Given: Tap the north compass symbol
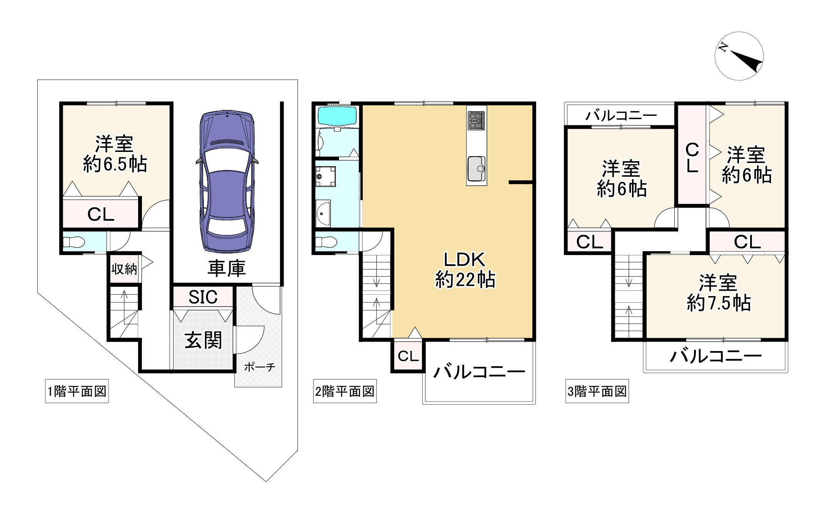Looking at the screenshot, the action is [739, 56].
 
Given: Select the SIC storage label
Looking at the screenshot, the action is [203, 297].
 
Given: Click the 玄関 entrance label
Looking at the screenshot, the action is [203, 340].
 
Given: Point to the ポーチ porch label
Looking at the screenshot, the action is [260, 367].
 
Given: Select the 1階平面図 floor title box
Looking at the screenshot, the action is [77, 392].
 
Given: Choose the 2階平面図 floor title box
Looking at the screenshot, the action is [345, 392].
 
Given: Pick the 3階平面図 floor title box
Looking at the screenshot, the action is [597, 392].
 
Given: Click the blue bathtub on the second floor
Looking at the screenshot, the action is [337, 116].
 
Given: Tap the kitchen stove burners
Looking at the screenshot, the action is [476, 121].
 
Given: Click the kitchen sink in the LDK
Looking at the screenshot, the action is [476, 169].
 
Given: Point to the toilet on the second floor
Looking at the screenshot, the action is [326, 242].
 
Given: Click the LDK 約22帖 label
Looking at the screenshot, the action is [465, 270].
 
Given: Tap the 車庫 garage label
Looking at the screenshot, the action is [227, 268].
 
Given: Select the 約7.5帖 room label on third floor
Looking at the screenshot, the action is [719, 303].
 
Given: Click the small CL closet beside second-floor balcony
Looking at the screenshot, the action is [408, 356].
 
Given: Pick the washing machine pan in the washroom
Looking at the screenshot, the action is [325, 177].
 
